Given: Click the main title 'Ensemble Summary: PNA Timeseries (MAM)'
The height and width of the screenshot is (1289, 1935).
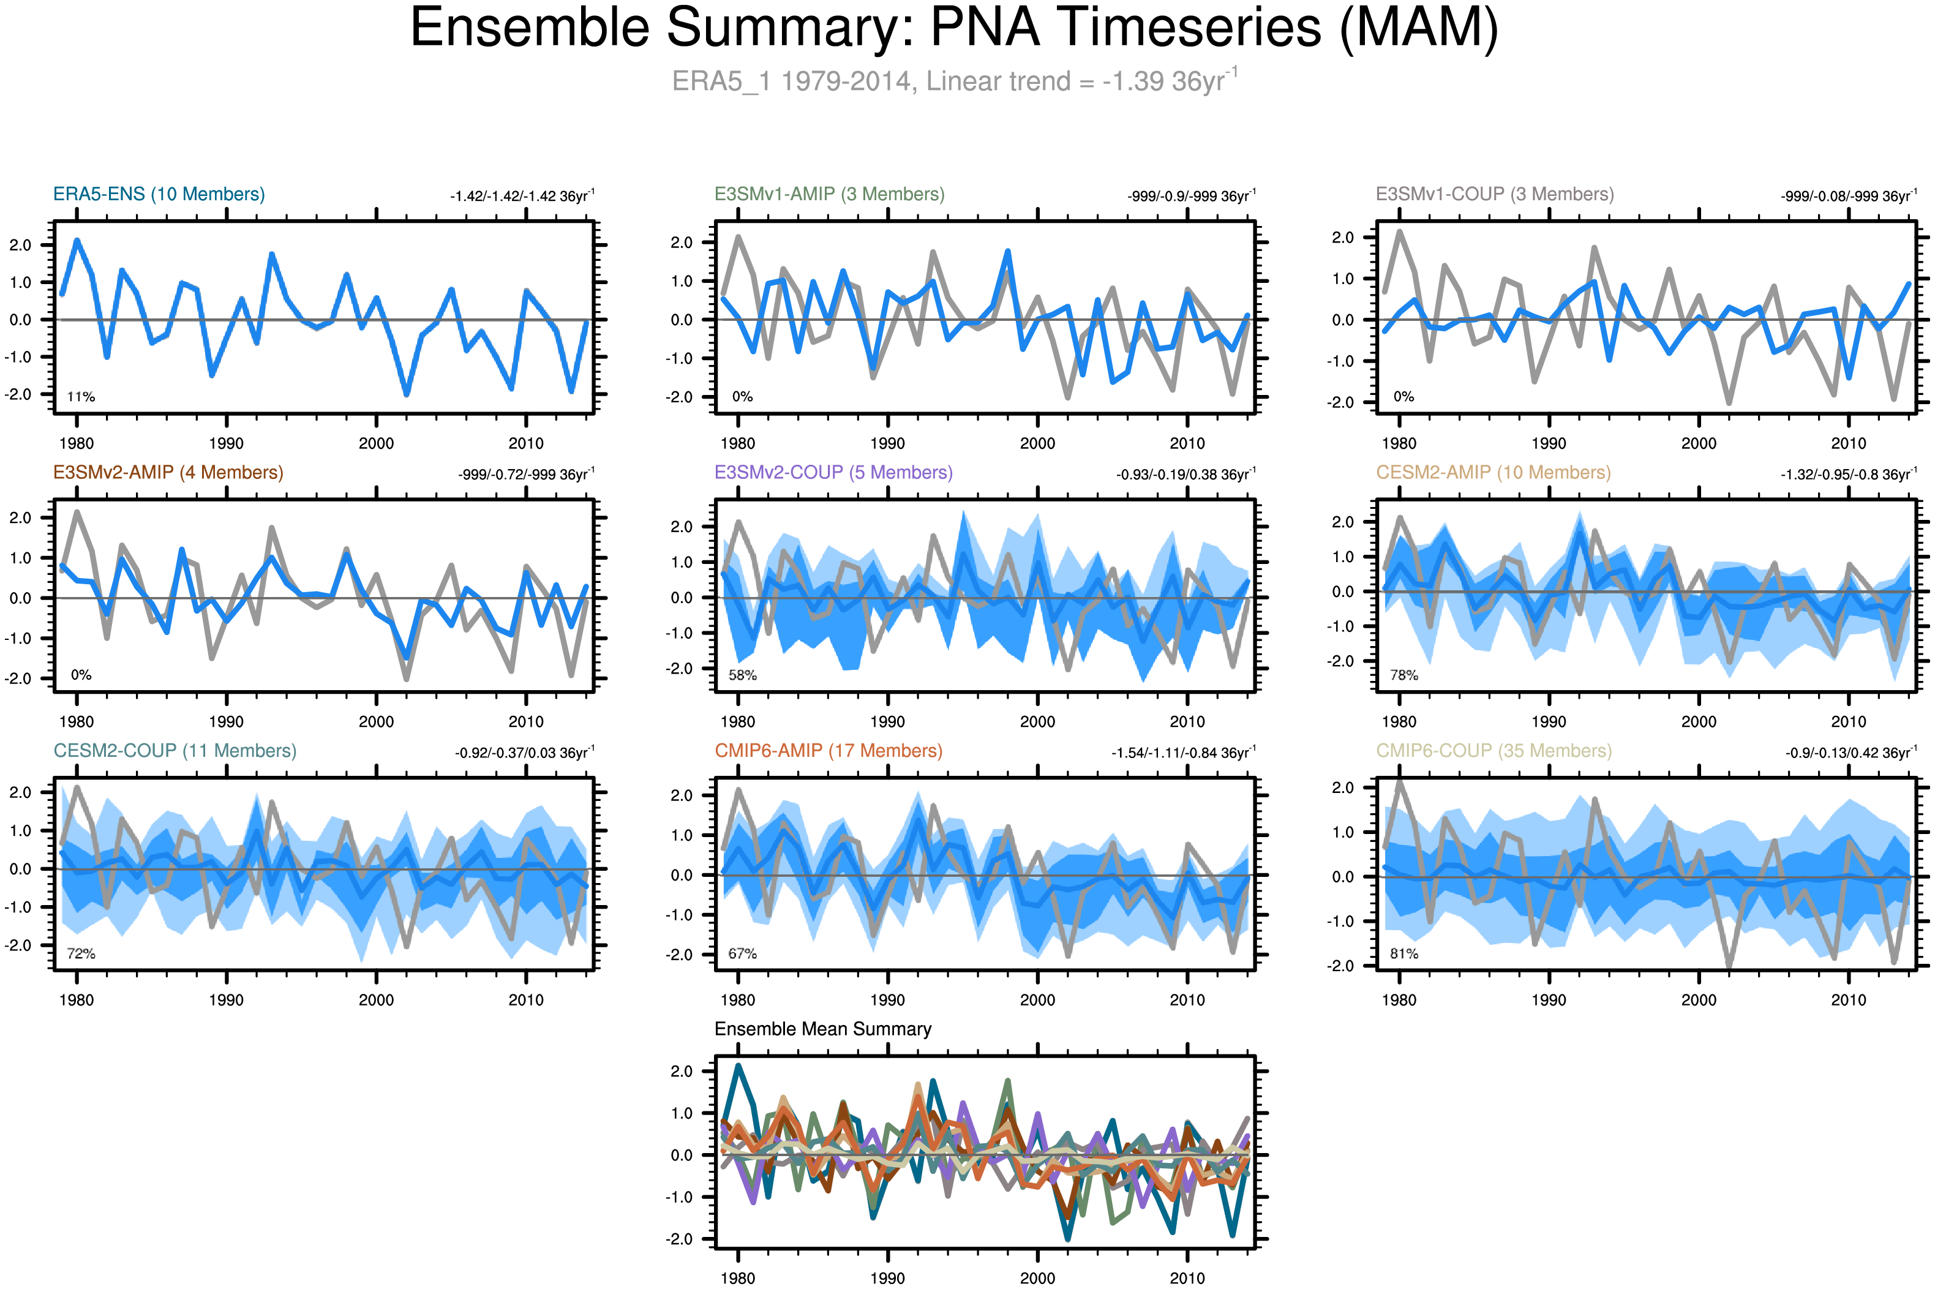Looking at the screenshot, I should [x=953, y=28].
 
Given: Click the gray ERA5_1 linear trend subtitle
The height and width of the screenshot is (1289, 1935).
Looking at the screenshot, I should [x=953, y=81].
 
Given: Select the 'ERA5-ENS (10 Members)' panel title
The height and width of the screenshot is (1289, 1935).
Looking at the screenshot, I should [x=159, y=194].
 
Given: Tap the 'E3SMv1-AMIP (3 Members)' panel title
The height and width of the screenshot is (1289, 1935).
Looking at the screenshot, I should [x=828, y=194].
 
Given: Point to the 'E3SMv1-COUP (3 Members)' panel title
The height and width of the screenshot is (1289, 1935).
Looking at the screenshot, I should [x=1494, y=194].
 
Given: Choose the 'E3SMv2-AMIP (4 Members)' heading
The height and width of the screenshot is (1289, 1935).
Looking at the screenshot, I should [x=168, y=473].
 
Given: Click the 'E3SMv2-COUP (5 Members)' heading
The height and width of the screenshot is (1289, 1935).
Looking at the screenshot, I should [x=833, y=473].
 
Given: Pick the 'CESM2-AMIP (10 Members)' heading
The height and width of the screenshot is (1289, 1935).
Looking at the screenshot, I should [x=1493, y=473].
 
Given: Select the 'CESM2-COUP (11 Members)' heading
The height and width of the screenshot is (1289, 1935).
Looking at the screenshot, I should [x=175, y=751].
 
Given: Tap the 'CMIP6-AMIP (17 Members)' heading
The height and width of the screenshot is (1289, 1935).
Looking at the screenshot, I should [x=828, y=751].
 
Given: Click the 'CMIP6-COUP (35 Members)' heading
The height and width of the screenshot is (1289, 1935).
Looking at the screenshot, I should [x=1494, y=751].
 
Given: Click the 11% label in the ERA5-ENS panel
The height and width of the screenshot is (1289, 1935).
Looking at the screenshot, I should [x=81, y=397].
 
